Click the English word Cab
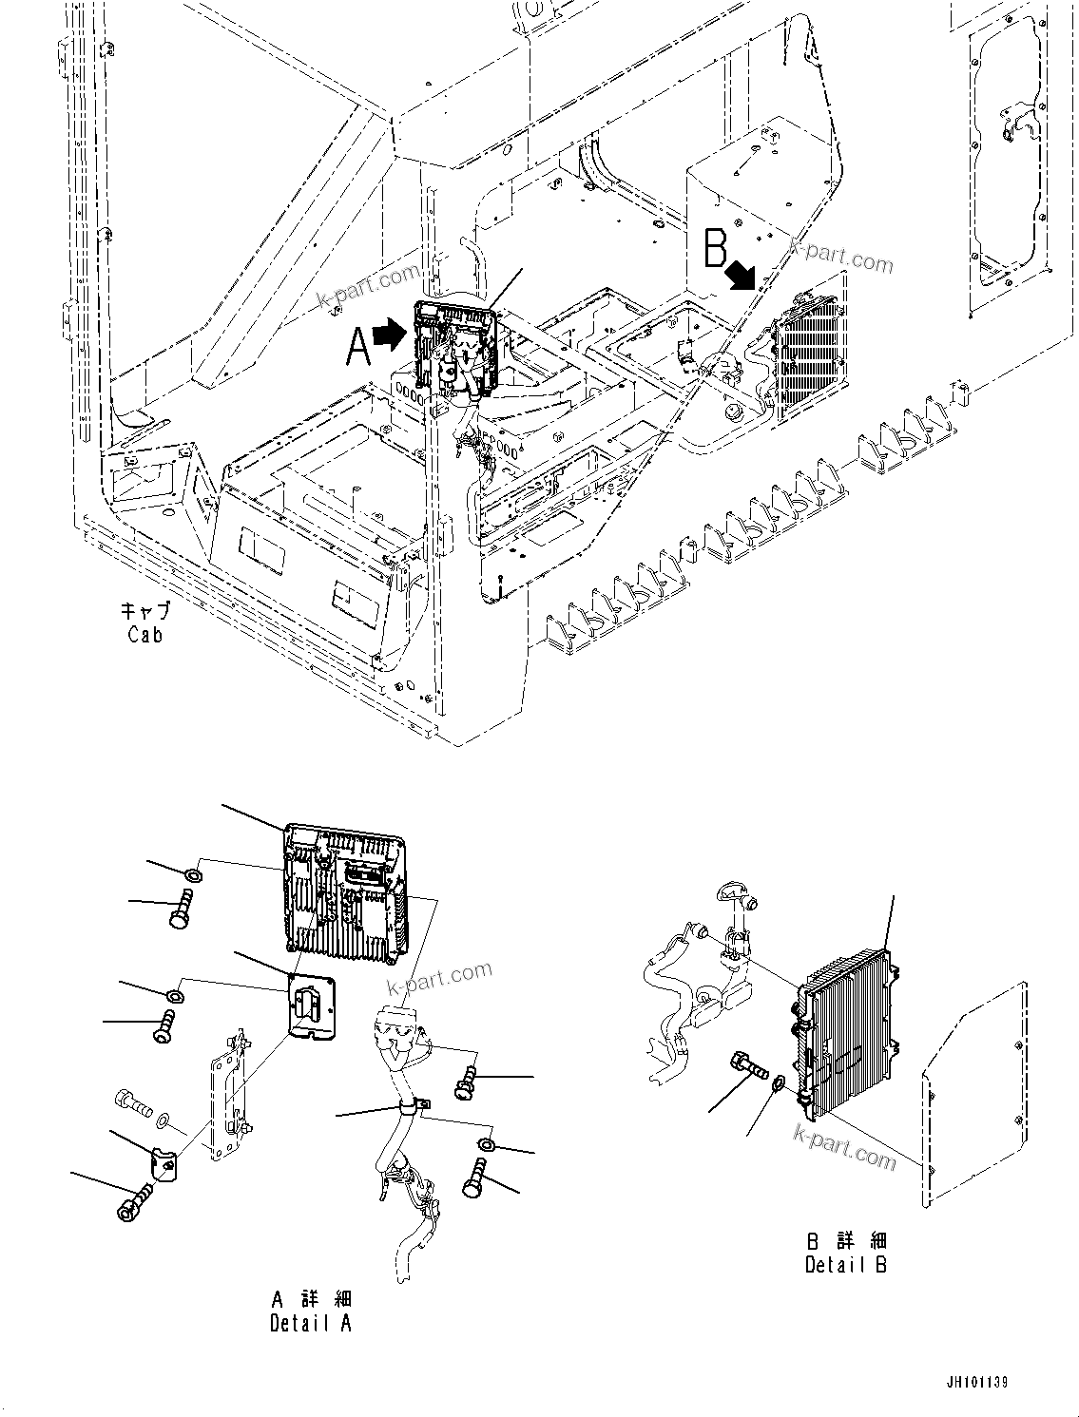point(145,635)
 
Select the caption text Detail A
point(310,1323)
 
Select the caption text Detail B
point(845,1265)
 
